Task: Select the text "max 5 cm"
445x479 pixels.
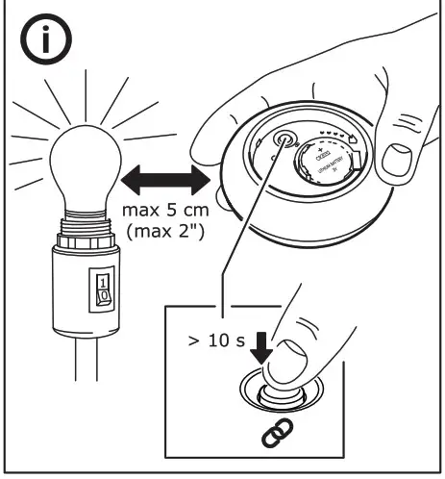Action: point(164,211)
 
